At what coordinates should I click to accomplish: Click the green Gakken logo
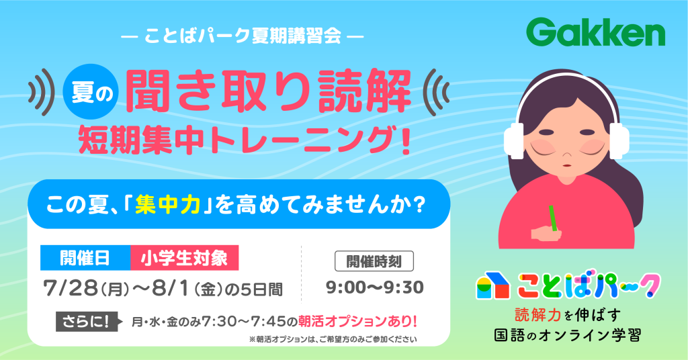tap(595, 32)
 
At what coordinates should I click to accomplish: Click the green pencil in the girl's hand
tap(552, 218)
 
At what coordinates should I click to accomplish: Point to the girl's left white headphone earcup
tap(514, 140)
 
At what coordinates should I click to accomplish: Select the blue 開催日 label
tap(85, 258)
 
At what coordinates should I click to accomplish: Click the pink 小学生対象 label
tap(184, 258)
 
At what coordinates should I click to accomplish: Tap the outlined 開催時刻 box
tap(374, 261)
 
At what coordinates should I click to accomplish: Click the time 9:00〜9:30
tap(374, 287)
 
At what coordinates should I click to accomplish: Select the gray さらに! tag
tap(87, 322)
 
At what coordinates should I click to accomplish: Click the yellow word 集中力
tap(168, 204)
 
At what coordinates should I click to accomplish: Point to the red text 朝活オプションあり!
tap(357, 322)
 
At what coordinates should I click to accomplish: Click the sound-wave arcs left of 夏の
tap(41, 92)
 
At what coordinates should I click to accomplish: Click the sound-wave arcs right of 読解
tap(435, 92)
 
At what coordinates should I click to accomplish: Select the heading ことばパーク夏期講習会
tap(242, 36)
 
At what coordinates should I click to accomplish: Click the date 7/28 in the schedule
tap(70, 288)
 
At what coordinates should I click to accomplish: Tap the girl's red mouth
tap(566, 165)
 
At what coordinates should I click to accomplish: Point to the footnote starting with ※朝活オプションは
tap(333, 339)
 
